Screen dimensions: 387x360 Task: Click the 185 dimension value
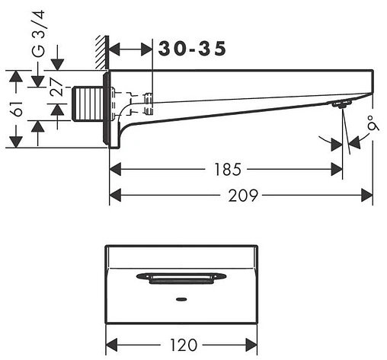(228, 170)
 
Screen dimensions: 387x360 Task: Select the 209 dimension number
(243, 196)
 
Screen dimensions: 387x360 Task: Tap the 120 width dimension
(183, 345)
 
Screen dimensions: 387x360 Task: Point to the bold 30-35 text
(192, 49)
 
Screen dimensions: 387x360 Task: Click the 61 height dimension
(18, 109)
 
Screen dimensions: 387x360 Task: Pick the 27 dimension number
(56, 87)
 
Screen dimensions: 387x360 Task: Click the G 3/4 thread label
(39, 33)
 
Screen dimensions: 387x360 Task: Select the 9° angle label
(374, 123)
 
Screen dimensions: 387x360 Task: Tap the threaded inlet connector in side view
(88, 104)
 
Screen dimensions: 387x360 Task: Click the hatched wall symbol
(102, 52)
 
